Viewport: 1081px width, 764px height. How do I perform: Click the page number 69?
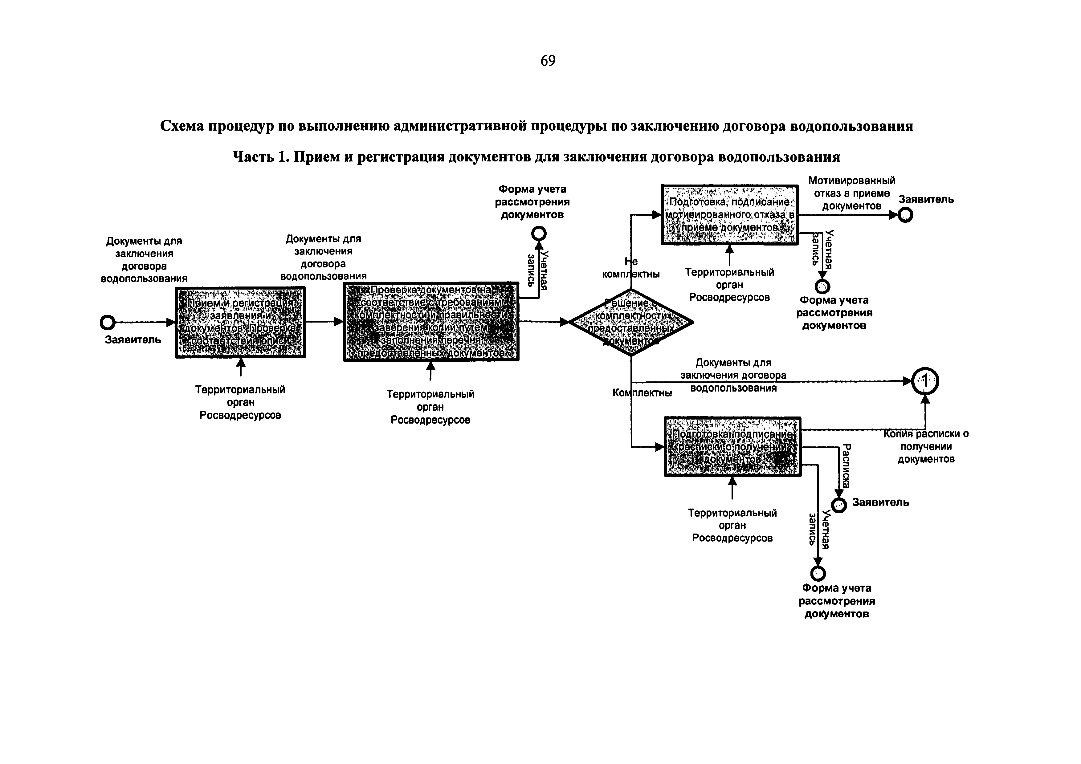coord(548,61)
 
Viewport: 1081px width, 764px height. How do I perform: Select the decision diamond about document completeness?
coord(631,323)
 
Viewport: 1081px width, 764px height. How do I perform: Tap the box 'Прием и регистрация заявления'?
coord(240,323)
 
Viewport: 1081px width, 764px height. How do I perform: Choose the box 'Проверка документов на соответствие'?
coord(431,322)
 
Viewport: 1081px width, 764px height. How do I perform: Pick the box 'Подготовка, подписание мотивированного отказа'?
coord(729,215)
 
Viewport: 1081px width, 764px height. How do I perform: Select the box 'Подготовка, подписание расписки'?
coord(732,446)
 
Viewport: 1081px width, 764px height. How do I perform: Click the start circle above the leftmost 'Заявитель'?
coord(108,323)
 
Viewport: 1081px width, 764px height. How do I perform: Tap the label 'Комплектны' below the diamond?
coord(642,392)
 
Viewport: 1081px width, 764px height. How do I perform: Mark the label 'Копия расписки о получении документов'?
coord(926,446)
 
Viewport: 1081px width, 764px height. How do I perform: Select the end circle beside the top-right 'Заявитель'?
coord(905,215)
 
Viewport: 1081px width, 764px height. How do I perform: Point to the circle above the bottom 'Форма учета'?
coord(818,573)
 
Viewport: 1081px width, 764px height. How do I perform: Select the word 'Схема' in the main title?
coord(182,126)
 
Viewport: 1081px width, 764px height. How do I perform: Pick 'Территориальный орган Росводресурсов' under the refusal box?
coord(729,285)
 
